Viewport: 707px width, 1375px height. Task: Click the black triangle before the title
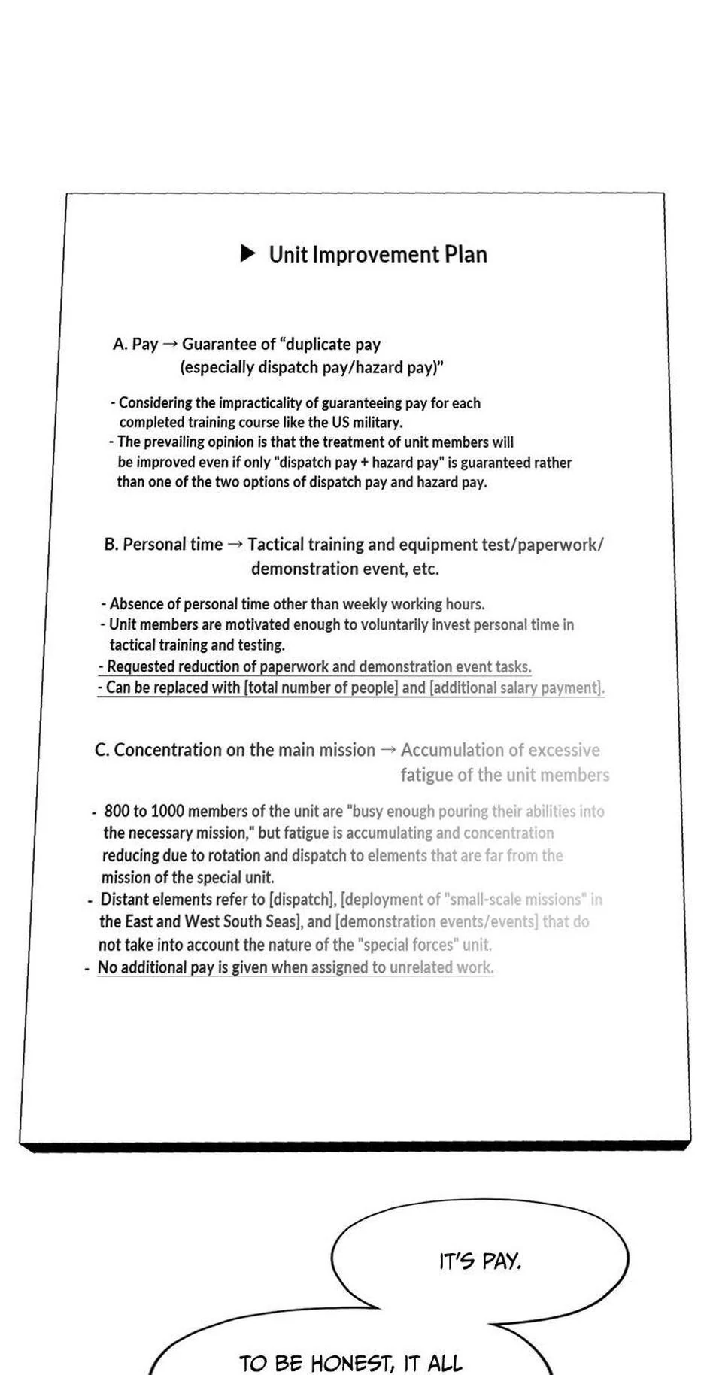point(247,253)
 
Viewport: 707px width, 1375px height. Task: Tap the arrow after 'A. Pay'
point(170,344)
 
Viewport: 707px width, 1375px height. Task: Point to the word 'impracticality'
point(269,403)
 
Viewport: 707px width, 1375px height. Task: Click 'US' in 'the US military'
point(340,422)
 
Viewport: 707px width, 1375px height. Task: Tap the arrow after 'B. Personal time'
point(235,544)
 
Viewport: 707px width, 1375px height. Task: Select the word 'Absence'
point(132,604)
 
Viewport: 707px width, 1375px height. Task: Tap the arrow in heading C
point(388,750)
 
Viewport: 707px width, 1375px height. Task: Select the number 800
point(117,811)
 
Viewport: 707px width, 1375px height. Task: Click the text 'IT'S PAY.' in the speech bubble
point(480,1261)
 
